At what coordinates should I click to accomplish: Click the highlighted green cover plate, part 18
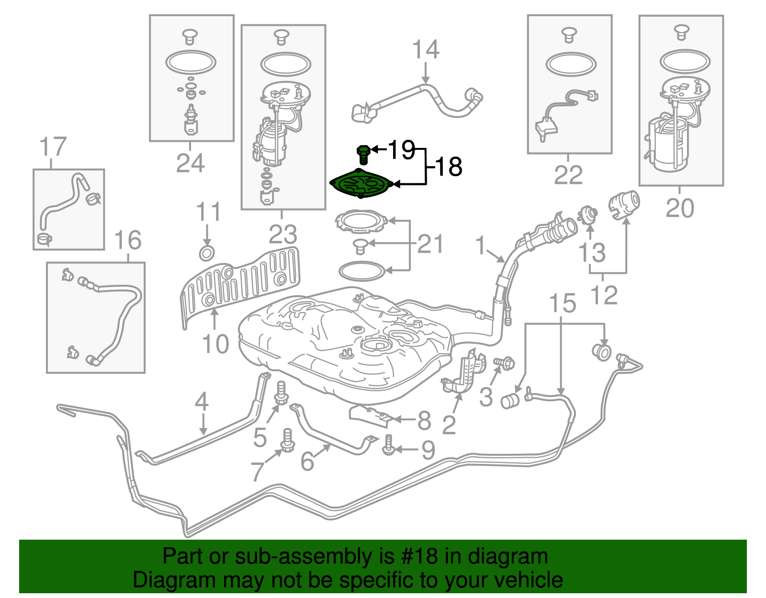pyautogui.click(x=361, y=184)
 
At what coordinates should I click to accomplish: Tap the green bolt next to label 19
pyautogui.click(x=363, y=154)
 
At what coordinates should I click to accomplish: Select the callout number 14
pyautogui.click(x=426, y=50)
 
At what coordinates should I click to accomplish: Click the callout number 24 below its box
pyautogui.click(x=190, y=164)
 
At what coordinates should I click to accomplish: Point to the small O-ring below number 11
pyautogui.click(x=206, y=253)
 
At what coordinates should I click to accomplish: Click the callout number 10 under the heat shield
pyautogui.click(x=215, y=344)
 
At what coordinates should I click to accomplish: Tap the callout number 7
pyautogui.click(x=258, y=472)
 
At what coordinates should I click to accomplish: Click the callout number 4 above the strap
pyautogui.click(x=202, y=401)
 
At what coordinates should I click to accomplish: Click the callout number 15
pyautogui.click(x=562, y=304)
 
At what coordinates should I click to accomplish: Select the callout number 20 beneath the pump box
pyautogui.click(x=679, y=208)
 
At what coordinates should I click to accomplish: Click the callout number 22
pyautogui.click(x=568, y=175)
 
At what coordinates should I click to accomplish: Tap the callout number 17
pyautogui.click(x=53, y=147)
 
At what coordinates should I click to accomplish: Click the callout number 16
pyautogui.click(x=128, y=240)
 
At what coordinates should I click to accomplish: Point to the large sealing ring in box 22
pyautogui.click(x=571, y=65)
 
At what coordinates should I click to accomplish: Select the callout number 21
pyautogui.click(x=430, y=244)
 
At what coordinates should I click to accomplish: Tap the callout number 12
pyautogui.click(x=604, y=295)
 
